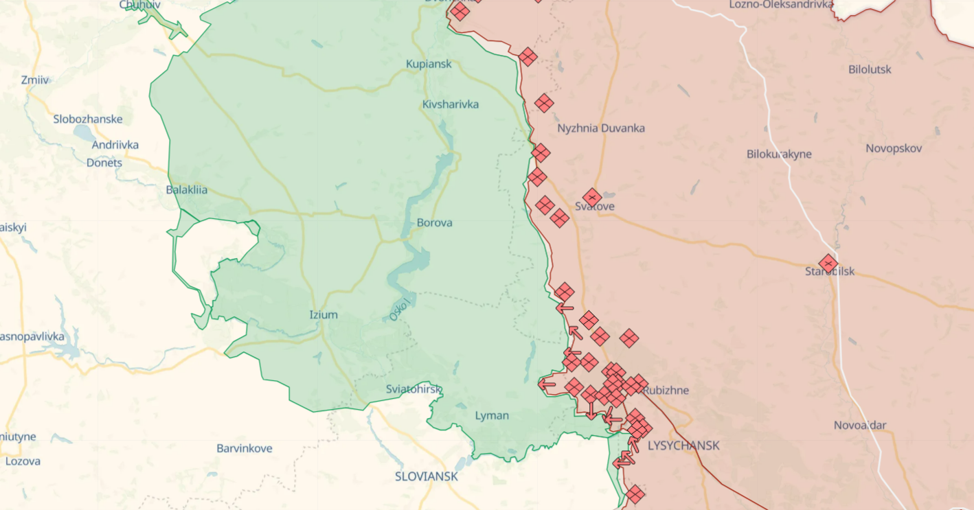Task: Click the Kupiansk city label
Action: click(429, 64)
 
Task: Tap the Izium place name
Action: click(324, 315)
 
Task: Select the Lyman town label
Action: click(492, 415)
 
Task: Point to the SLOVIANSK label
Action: click(426, 476)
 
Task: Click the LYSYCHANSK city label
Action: click(683, 445)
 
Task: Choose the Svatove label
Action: click(595, 207)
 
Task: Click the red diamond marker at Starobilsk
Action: click(828, 264)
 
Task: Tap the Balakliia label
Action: click(187, 190)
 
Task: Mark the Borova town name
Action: click(434, 223)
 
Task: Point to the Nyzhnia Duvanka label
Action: click(601, 128)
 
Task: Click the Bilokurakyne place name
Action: click(779, 154)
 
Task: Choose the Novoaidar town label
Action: click(860, 426)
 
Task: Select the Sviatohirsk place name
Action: click(414, 389)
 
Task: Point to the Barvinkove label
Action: click(245, 448)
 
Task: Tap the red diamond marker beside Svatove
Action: click(592, 198)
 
